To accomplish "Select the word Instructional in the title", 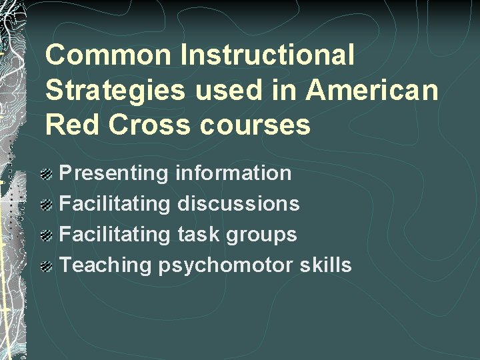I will coord(267,55).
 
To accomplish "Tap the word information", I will coord(233,173).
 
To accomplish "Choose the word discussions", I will coord(238,203).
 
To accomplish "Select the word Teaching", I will coord(107,265).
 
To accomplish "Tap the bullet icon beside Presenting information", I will coord(49,175).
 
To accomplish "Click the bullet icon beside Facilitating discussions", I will coord(49,205).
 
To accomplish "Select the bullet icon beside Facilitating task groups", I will coord(49,236).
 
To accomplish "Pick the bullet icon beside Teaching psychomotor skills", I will coord(49,267).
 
